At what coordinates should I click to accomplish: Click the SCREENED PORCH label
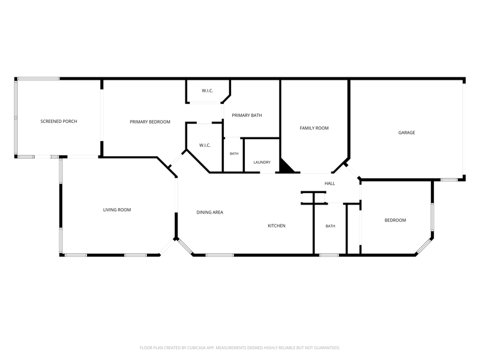tap(59, 122)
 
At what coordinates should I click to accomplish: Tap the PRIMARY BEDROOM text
tap(150, 122)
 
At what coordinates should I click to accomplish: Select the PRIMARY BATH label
tap(247, 115)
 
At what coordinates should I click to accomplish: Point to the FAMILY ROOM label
tap(314, 128)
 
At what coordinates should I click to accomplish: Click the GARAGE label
tap(407, 133)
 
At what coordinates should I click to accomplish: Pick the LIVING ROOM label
tap(117, 209)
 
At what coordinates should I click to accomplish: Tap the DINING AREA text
tap(209, 212)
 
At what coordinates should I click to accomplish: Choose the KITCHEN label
tap(277, 226)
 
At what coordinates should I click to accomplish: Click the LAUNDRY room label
tap(262, 162)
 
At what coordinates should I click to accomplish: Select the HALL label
tap(329, 184)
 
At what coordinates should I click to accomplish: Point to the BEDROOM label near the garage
tap(395, 220)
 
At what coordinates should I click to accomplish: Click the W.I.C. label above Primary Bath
tap(207, 91)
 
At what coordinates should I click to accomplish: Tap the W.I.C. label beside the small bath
tap(205, 145)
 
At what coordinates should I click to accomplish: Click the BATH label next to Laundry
tap(234, 154)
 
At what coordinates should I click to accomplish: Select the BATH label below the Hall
tap(331, 226)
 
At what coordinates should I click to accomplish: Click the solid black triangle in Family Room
tap(286, 167)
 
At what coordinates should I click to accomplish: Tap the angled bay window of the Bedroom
tap(424, 246)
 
